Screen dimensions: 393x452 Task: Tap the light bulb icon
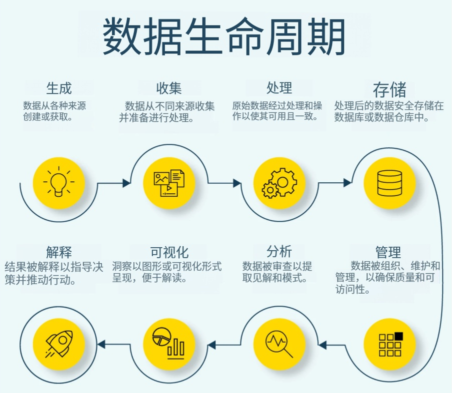tap(59, 182)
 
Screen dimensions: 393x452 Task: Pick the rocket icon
tap(59, 344)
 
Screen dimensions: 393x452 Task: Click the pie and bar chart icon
tap(169, 343)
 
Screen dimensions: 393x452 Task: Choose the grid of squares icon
tap(389, 344)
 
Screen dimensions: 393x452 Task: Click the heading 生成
tap(58, 88)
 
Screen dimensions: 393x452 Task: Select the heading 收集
tap(168, 88)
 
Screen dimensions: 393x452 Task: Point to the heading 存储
tap(389, 89)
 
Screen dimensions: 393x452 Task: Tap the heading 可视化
tap(169, 251)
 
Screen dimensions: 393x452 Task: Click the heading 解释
tap(58, 251)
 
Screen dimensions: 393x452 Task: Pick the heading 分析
tap(279, 251)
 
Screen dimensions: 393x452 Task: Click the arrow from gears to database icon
tap(334, 183)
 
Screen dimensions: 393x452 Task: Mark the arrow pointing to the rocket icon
tap(114, 344)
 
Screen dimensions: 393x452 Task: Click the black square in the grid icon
tap(398, 336)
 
